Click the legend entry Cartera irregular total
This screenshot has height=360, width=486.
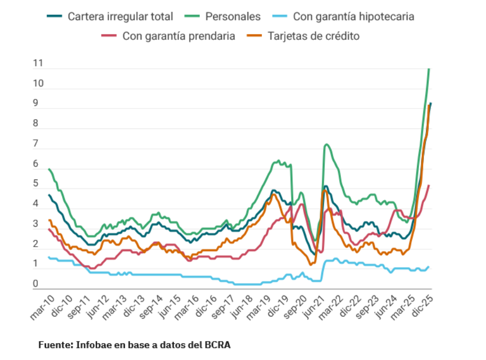click(120, 17)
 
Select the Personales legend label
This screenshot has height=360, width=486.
click(233, 17)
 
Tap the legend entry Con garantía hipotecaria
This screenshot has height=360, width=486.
click(353, 17)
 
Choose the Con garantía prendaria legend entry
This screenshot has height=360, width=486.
click(179, 37)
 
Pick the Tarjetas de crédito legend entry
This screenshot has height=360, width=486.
click(314, 37)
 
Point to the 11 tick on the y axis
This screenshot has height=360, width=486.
click(38, 63)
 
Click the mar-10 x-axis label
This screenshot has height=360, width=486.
click(42, 307)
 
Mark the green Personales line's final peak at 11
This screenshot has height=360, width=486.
click(429, 69)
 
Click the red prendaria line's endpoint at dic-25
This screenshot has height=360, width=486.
click(429, 186)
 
